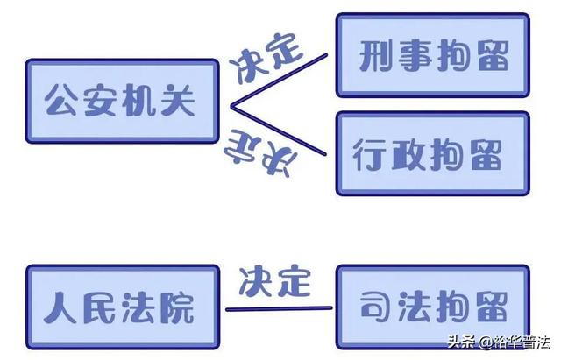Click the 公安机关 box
point(122,102)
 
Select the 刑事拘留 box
point(432,55)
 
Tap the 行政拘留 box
point(432,154)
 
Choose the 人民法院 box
point(123,307)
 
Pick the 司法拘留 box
point(432,307)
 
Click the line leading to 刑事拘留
point(279,81)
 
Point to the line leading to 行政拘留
point(279,131)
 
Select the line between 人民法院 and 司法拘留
point(279,308)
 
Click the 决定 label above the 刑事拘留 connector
point(266,59)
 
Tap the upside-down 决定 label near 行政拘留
point(260,154)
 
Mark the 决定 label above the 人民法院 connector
point(274,281)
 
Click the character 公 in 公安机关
point(61,101)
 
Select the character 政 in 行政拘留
point(408,154)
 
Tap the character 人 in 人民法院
point(60,307)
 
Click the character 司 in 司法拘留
point(376,306)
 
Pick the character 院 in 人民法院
point(177,307)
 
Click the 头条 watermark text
point(461,342)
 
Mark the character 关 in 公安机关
point(178,101)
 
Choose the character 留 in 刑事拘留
point(493,55)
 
